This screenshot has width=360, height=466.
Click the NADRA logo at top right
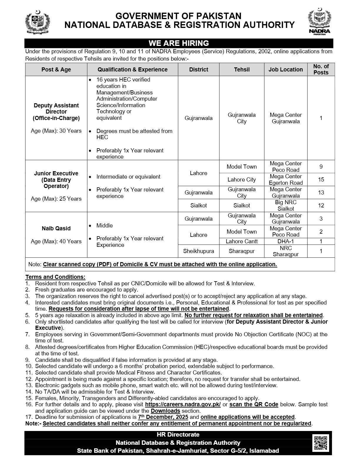[x=319, y=22]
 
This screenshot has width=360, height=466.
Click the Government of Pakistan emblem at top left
[x=37, y=22]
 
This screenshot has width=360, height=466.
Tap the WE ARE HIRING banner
[x=179, y=43]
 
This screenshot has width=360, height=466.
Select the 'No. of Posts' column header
[x=321, y=69]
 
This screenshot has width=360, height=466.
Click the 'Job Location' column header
[x=285, y=69]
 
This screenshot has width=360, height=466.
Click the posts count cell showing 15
[x=321, y=179]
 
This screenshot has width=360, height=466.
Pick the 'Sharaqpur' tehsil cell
[x=241, y=251]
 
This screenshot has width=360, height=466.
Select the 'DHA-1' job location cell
[x=286, y=241]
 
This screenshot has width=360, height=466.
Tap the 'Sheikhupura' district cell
[x=199, y=251]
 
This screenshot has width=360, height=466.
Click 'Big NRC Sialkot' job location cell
[x=286, y=205]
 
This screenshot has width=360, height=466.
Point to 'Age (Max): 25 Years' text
[x=56, y=199]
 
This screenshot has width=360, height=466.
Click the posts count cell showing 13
[x=321, y=192]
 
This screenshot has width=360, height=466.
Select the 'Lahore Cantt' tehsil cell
[x=241, y=241]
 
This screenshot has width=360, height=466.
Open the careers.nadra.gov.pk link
[x=183, y=405]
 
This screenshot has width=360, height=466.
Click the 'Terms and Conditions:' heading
[x=55, y=277]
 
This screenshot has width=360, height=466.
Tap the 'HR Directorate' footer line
[x=178, y=435]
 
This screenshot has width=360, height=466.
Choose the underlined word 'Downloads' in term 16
[x=165, y=411]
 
